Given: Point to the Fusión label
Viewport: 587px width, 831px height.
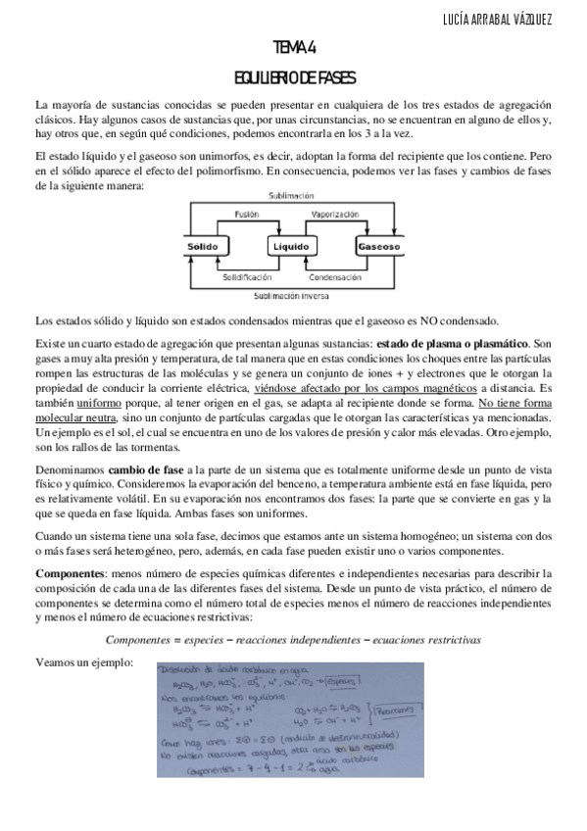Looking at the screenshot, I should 247,214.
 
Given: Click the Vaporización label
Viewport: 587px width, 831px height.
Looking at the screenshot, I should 337,214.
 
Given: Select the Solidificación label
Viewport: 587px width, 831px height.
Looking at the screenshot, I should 245,277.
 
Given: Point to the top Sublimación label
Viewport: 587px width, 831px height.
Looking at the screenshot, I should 291,196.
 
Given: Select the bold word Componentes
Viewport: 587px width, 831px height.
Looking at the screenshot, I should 70,572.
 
